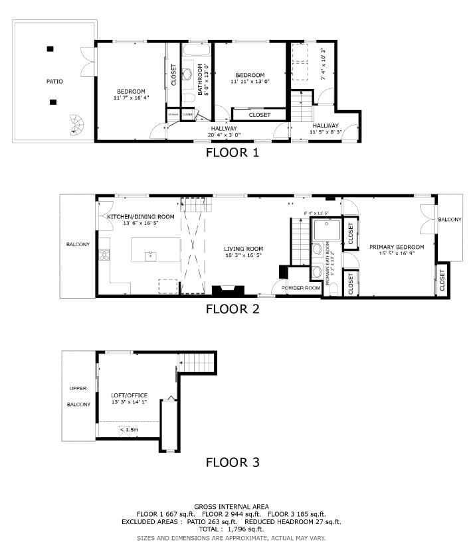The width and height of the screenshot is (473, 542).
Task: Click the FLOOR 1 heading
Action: tap(232, 153)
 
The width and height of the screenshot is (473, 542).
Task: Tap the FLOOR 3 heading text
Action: tap(232, 462)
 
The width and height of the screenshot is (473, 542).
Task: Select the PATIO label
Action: tap(54, 82)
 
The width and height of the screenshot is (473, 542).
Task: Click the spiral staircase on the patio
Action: tap(77, 124)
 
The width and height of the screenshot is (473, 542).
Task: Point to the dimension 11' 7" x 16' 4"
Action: tap(131, 98)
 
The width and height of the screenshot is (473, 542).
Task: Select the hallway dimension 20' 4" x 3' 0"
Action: tap(224, 135)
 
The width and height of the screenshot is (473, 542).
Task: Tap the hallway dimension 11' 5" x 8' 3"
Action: tap(325, 132)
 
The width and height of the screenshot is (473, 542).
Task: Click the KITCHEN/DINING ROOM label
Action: tap(141, 217)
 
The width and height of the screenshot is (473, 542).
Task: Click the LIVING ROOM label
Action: tap(243, 248)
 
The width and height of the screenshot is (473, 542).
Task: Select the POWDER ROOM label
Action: tap(301, 288)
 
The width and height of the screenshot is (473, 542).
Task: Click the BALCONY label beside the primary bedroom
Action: tap(450, 220)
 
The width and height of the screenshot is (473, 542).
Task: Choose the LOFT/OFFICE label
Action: tap(129, 395)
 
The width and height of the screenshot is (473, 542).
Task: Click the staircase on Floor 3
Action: tap(199, 363)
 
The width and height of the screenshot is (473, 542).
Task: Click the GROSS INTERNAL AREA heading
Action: tap(231, 506)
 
